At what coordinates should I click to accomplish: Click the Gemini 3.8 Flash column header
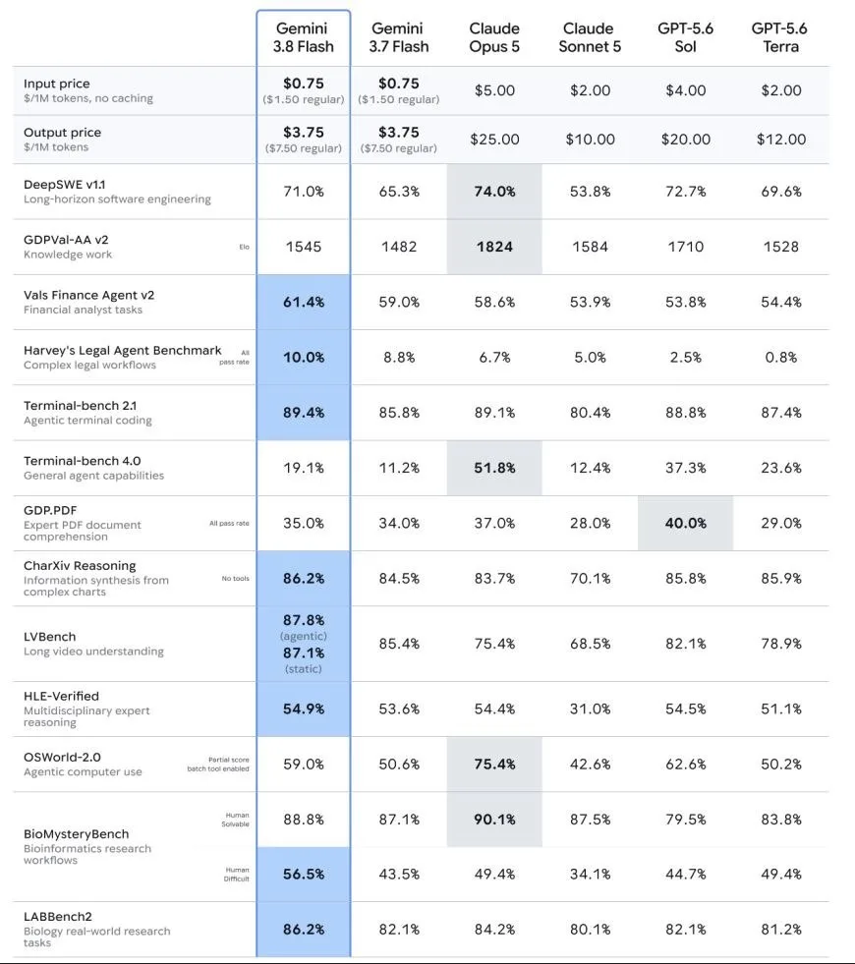pyautogui.click(x=303, y=37)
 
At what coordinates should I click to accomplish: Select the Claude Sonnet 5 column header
pyautogui.click(x=590, y=37)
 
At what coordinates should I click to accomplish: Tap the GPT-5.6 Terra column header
pyautogui.click(x=780, y=37)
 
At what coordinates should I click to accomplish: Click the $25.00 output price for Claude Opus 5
pyautogui.click(x=494, y=140)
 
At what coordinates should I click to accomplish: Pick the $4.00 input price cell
pyautogui.click(x=685, y=90)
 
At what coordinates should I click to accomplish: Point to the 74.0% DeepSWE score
pyautogui.click(x=494, y=192)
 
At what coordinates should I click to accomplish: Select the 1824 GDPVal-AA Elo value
pyautogui.click(x=494, y=247)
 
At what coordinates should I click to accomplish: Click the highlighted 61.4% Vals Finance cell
pyautogui.click(x=304, y=302)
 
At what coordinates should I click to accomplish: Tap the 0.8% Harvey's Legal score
pyautogui.click(x=780, y=357)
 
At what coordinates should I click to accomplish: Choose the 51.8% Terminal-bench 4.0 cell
pyautogui.click(x=494, y=468)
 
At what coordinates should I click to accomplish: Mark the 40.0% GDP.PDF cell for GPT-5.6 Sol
pyautogui.click(x=685, y=523)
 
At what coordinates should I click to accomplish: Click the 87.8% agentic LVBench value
pyautogui.click(x=304, y=620)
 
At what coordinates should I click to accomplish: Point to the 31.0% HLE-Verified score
pyautogui.click(x=590, y=709)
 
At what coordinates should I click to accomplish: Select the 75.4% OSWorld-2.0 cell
pyautogui.click(x=494, y=765)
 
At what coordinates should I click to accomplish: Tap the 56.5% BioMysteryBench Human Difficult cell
pyautogui.click(x=304, y=875)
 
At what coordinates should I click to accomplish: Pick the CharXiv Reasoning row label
pyautogui.click(x=80, y=566)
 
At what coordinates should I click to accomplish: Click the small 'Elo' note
pyautogui.click(x=244, y=248)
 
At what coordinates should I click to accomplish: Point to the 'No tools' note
pyautogui.click(x=236, y=579)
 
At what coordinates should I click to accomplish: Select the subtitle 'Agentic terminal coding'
pyautogui.click(x=87, y=421)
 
